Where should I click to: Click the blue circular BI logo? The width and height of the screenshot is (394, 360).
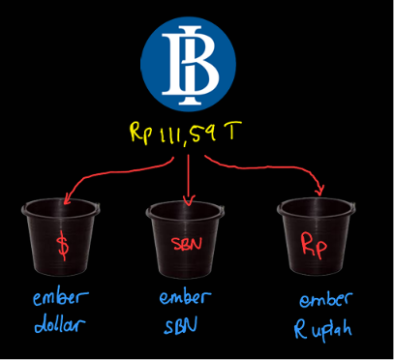pyautogui.click(x=188, y=63)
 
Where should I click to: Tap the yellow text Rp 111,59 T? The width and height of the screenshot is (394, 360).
pyautogui.click(x=186, y=132)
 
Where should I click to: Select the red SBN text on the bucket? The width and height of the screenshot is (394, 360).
pyautogui.click(x=187, y=244)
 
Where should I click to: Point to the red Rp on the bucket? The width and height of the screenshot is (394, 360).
pyautogui.click(x=314, y=246)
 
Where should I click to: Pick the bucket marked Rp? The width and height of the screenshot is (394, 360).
pyautogui.click(x=317, y=237)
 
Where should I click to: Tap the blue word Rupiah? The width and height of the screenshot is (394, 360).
pyautogui.click(x=322, y=330)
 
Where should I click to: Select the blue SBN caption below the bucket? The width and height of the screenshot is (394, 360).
pyautogui.click(x=180, y=325)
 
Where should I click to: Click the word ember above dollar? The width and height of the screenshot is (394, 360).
pyautogui.click(x=60, y=298)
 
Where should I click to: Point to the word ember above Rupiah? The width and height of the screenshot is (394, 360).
pyautogui.click(x=324, y=299)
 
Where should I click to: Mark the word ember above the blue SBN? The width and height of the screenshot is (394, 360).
pyautogui.click(x=185, y=297)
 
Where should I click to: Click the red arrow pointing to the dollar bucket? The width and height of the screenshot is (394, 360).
pyautogui.click(x=109, y=174)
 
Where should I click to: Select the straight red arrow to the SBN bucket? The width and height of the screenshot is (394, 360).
pyautogui.click(x=188, y=180)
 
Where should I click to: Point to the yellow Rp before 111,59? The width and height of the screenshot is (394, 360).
pyautogui.click(x=138, y=134)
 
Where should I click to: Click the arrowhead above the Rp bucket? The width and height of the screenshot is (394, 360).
pyautogui.click(x=319, y=190)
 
